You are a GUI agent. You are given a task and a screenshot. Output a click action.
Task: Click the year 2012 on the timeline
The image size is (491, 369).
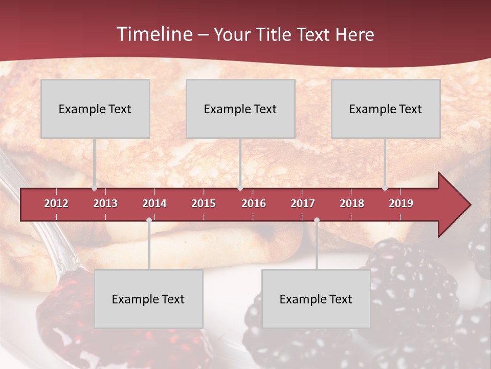[56, 203]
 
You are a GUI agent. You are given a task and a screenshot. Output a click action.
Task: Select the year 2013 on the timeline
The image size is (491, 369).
[105, 203]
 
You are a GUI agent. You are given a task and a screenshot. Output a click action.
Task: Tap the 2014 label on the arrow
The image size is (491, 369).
[154, 203]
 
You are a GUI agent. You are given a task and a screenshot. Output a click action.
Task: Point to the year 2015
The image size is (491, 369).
[204, 203]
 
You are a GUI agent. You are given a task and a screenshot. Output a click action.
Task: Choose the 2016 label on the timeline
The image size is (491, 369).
[254, 203]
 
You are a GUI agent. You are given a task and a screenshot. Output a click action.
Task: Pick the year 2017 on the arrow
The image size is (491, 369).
[303, 203]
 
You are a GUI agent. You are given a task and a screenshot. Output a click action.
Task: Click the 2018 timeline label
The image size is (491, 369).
[352, 203]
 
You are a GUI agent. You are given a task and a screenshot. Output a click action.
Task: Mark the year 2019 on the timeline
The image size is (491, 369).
[401, 203]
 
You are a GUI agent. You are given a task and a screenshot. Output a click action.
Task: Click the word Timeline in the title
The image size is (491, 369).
[154, 34]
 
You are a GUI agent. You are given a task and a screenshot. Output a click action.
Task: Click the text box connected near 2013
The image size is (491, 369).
[95, 109]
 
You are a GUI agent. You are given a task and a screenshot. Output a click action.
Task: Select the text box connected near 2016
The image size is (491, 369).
[240, 109]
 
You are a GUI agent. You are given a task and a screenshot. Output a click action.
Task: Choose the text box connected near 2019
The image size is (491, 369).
[386, 109]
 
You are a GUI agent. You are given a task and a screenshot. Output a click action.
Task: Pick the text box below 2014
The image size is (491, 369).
[148, 299]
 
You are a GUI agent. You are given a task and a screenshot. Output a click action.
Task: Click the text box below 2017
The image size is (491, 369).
[316, 299]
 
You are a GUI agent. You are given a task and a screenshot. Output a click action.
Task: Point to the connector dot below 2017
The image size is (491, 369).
[317, 220]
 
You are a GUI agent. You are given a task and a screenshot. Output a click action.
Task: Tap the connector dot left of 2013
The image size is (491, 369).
[95, 188]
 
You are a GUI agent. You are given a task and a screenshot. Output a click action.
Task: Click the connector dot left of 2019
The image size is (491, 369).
[385, 188]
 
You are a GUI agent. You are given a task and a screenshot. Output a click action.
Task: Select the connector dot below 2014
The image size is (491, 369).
[149, 220]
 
